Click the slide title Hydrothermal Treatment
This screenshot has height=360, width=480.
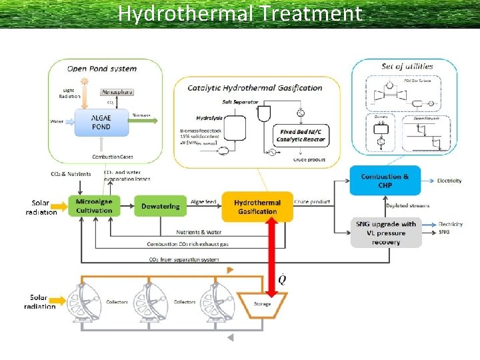coord(240,13)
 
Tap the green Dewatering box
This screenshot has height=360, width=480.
coord(160,207)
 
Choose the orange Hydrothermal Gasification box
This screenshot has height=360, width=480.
coord(257,207)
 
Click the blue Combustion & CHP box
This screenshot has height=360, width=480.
coord(385,181)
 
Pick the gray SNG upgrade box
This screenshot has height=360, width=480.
coord(386,233)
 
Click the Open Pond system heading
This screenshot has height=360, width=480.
coord(102,68)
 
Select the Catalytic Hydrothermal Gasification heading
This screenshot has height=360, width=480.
coord(255,87)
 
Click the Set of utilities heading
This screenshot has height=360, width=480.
coord(407,66)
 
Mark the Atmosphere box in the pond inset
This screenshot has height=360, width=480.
coord(117,92)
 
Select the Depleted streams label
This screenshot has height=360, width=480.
coord(407,206)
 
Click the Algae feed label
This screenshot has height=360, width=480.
coord(203,201)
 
